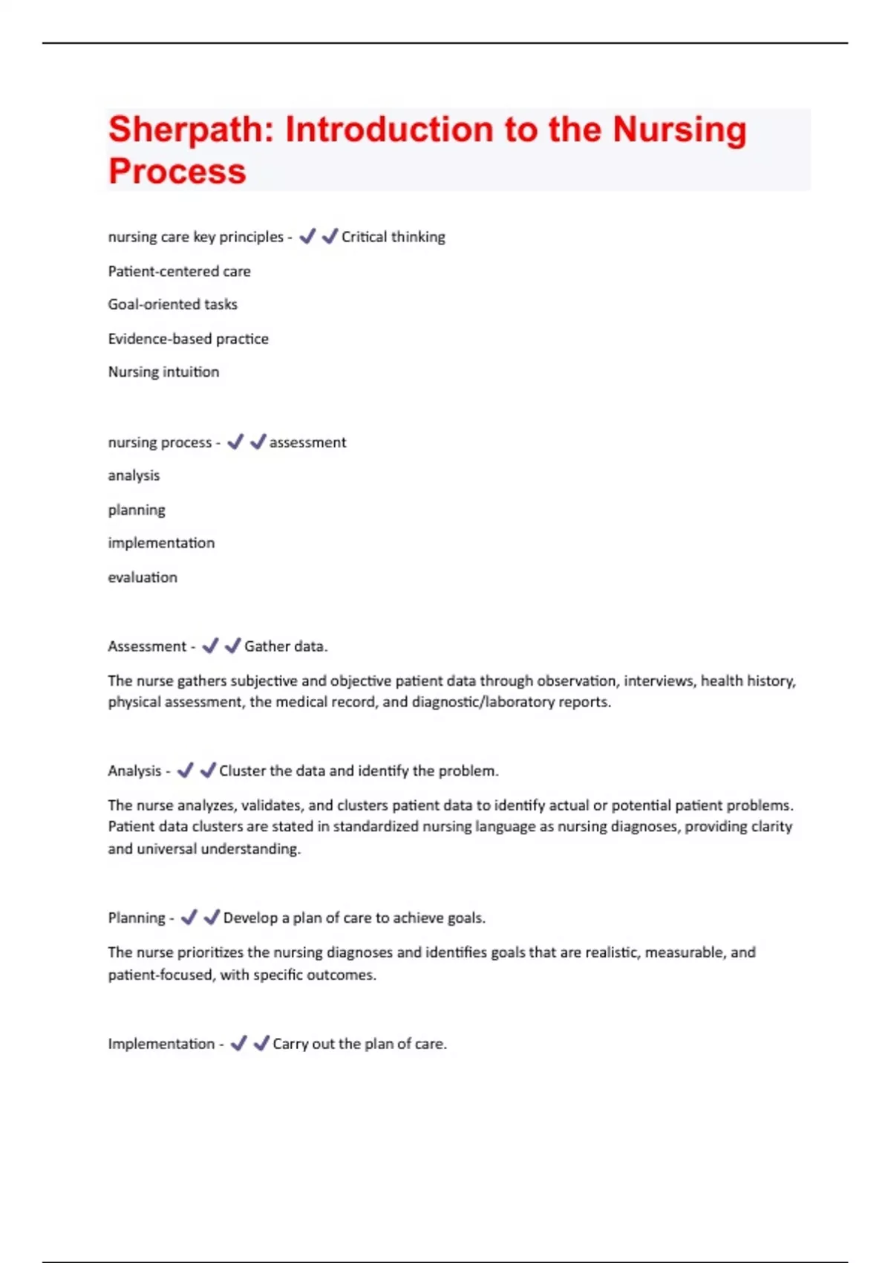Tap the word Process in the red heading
(x=177, y=172)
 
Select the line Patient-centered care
(x=179, y=271)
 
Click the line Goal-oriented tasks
(x=172, y=305)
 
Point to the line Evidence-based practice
(x=188, y=339)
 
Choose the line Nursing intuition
(x=163, y=372)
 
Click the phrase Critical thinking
(x=393, y=237)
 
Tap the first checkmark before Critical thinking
(x=307, y=237)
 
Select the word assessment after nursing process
(x=307, y=443)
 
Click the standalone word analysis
(x=134, y=475)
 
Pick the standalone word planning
(x=137, y=510)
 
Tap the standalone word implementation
(x=161, y=543)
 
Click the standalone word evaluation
(x=143, y=577)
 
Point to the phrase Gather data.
(x=286, y=646)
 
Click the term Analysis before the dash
(x=134, y=771)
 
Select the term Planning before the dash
(x=137, y=918)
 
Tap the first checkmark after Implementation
(x=238, y=1044)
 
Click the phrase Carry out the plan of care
(x=359, y=1044)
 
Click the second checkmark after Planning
(x=212, y=918)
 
